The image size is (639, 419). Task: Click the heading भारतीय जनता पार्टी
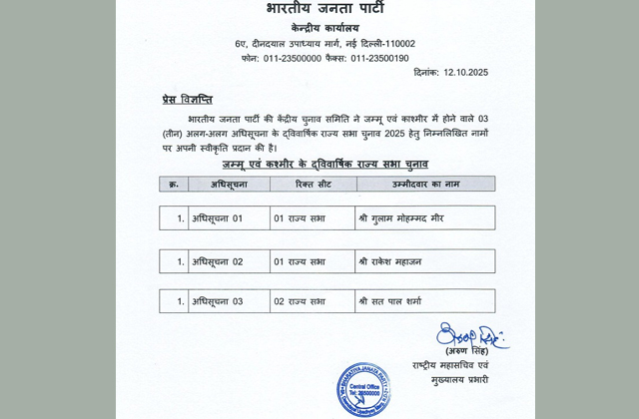pos(325,9)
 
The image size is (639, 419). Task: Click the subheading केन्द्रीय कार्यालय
pos(325,27)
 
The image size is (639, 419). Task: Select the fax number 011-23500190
pos(379,59)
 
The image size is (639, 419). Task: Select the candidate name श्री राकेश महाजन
pos(392,261)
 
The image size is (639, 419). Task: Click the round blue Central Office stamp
pos(362,389)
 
